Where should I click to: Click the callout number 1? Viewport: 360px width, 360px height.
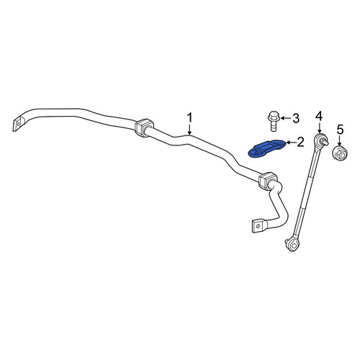[190, 118]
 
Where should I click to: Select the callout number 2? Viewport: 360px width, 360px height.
[300, 143]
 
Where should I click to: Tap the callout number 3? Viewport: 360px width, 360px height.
[295, 119]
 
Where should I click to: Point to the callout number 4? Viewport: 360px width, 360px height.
[319, 117]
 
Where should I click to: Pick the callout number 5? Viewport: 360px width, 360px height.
[340, 130]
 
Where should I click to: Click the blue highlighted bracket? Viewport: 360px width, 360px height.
[266, 149]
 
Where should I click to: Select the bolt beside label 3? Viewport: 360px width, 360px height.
[274, 121]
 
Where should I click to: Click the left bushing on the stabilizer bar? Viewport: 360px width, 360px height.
[144, 127]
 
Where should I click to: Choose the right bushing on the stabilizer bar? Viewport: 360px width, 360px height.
[268, 181]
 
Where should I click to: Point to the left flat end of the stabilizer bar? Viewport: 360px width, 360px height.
[17, 125]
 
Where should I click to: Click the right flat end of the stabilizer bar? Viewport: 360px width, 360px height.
[258, 226]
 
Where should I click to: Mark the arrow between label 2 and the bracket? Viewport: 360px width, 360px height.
[291, 143]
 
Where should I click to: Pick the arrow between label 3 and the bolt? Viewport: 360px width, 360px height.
[285, 118]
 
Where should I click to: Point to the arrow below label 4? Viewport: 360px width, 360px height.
[319, 127]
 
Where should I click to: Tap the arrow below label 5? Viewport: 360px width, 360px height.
[340, 141]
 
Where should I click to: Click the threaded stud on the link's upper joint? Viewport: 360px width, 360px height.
[325, 143]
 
